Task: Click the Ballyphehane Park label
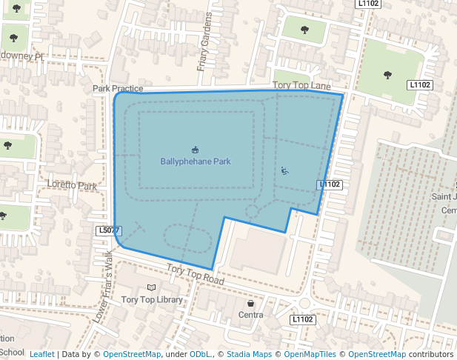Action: point(196,161)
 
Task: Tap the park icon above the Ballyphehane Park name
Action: point(196,150)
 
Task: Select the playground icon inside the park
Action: point(285,172)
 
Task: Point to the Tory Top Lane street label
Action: point(301,87)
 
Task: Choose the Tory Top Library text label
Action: point(152,300)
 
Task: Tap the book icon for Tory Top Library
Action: point(152,287)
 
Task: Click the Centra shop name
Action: point(251,315)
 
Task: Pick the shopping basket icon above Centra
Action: point(251,304)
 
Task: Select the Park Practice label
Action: point(118,89)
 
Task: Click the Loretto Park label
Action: point(72,185)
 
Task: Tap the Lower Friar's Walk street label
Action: point(103,289)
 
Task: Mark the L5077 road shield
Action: point(108,231)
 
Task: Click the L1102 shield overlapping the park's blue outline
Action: point(330,184)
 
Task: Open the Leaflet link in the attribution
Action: point(42,354)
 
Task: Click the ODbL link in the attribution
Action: point(200,354)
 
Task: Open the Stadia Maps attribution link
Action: point(249,354)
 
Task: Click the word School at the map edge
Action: point(12,352)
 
